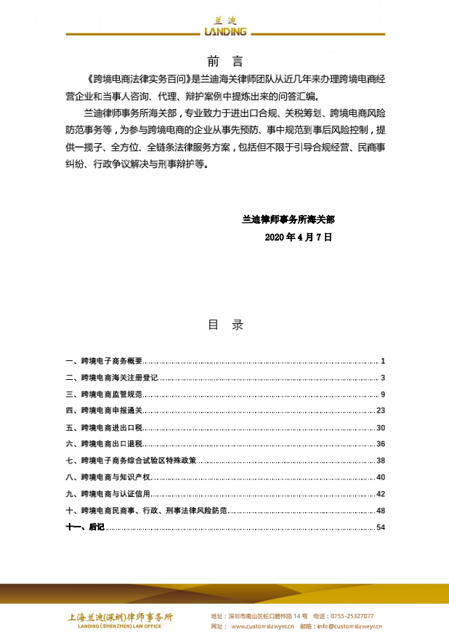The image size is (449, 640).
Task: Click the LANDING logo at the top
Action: (x=224, y=28)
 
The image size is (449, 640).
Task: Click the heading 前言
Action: (x=224, y=61)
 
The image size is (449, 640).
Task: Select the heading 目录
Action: (x=225, y=325)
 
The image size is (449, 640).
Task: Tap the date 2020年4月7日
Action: (x=299, y=237)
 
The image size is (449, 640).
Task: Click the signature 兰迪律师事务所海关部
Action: (x=288, y=218)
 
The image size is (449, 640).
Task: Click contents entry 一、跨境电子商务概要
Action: (x=105, y=361)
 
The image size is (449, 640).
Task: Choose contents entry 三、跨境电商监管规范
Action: (x=105, y=394)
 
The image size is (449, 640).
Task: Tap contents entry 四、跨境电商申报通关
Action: (x=105, y=411)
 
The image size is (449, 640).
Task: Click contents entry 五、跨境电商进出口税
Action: (x=105, y=428)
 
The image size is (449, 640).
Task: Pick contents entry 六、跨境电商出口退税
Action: (x=105, y=444)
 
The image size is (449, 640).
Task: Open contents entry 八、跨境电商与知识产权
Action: (x=108, y=477)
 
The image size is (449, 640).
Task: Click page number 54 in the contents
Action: (x=380, y=527)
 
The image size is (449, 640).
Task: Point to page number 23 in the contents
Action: (x=380, y=411)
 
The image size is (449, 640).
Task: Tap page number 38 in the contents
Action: (x=380, y=461)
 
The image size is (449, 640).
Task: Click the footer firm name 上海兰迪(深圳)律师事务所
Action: (x=120, y=617)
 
